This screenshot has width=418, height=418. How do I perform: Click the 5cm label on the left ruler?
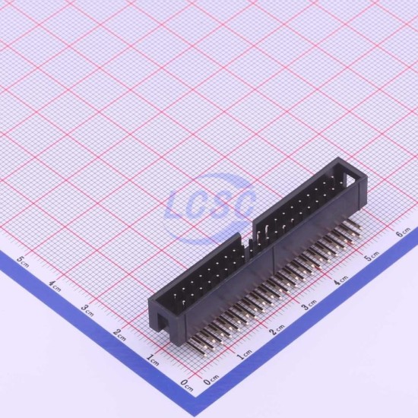(23, 261)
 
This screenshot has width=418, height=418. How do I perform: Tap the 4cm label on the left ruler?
(55, 286)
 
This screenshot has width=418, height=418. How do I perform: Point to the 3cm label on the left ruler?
(87, 310)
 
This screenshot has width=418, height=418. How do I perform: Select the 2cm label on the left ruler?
(119, 335)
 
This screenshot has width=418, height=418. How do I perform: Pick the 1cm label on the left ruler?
(153, 360)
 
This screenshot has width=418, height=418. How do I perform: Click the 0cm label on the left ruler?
(186, 385)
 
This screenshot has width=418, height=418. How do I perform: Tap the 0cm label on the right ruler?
(211, 380)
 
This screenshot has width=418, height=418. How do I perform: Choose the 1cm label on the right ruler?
(244, 355)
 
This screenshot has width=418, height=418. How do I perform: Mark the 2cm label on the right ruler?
(277, 330)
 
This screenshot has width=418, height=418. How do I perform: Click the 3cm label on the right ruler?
(309, 305)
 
